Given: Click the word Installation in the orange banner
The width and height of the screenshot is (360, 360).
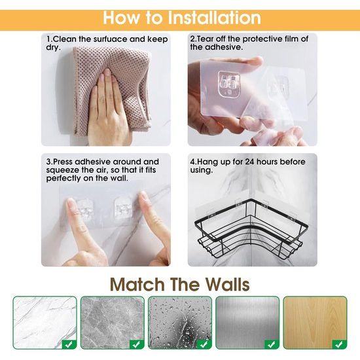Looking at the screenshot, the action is [215, 18].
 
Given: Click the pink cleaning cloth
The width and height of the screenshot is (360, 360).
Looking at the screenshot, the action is [112, 91].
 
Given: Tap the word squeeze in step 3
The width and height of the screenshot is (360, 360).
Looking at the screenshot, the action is [61, 170].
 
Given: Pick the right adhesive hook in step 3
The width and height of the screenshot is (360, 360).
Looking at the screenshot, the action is [123, 208].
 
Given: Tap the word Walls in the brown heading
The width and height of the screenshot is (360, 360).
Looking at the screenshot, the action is [227, 285].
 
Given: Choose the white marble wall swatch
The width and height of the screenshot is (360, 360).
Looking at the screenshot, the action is [45, 323].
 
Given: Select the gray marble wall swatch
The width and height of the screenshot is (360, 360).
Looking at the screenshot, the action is [113, 323].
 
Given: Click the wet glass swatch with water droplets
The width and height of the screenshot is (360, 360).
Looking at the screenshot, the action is [180, 323].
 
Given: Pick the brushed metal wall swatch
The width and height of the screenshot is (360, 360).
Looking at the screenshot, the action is [247, 323].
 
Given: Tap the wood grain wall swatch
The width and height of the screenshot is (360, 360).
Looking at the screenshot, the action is [315, 323].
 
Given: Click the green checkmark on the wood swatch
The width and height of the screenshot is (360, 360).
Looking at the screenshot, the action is [339, 344].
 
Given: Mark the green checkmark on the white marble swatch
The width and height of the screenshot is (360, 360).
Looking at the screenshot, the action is [69, 344].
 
